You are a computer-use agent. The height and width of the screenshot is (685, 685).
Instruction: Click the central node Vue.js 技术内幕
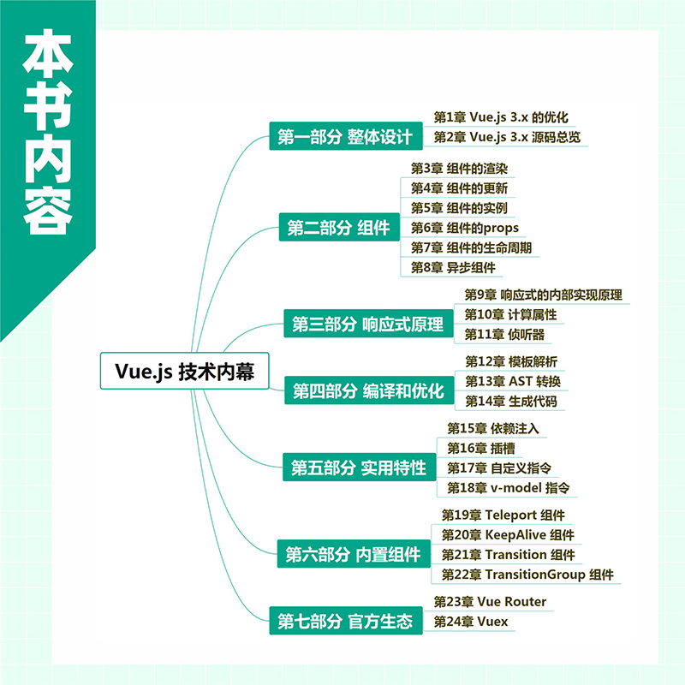(184, 371)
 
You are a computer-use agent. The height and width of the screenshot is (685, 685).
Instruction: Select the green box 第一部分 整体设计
(346, 136)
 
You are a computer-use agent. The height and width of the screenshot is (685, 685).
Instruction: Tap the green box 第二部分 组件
(339, 227)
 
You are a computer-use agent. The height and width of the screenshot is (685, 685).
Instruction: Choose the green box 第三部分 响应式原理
(369, 324)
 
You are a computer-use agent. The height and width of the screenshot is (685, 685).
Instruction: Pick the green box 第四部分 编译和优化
(369, 390)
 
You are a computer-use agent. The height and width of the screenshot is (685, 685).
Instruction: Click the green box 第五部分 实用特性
(359, 467)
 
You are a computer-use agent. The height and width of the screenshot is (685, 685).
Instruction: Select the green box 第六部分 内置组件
(354, 554)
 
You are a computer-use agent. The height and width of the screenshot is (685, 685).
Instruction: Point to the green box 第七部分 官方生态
(346, 620)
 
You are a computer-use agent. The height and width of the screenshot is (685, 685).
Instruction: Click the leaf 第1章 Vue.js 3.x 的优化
(501, 117)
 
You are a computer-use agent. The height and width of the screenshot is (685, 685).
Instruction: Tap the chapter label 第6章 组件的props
(464, 228)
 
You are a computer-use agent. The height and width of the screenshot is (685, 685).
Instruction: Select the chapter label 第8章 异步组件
(453, 267)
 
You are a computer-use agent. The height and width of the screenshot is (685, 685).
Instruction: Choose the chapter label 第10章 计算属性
(510, 314)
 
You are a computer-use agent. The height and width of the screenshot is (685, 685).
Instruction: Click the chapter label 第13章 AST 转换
(513, 381)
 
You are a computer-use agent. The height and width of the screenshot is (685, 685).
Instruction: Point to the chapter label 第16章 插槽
(481, 448)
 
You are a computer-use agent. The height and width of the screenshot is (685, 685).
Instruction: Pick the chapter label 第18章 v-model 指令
(508, 488)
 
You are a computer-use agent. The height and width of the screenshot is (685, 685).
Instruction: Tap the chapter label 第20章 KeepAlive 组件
(508, 534)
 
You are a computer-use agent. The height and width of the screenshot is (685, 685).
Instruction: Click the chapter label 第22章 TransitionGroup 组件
(527, 575)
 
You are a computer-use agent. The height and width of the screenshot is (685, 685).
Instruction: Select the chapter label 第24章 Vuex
(470, 622)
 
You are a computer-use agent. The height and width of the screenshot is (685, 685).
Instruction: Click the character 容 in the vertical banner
(48, 210)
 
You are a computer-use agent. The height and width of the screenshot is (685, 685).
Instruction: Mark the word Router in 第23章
(526, 602)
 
